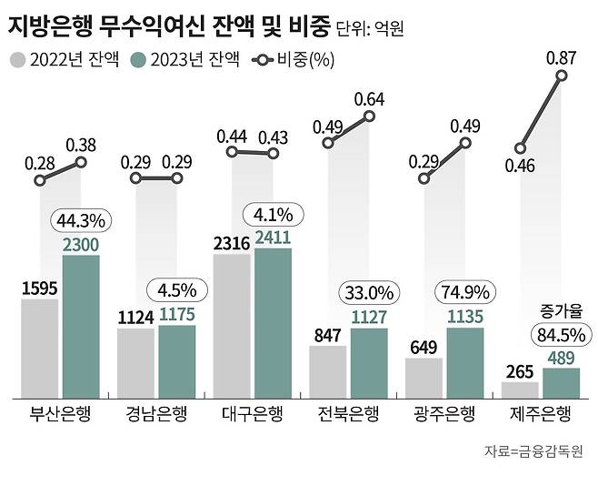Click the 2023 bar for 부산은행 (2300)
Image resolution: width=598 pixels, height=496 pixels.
81,326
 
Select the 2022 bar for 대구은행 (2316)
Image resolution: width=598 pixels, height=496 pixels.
232,326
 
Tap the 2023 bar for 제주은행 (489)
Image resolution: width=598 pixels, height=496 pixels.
560,382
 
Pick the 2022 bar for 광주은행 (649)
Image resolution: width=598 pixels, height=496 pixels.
424,378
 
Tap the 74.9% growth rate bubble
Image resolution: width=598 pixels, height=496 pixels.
464,292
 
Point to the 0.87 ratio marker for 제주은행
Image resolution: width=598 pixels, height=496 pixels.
562,76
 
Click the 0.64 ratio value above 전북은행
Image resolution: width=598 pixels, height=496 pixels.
371,98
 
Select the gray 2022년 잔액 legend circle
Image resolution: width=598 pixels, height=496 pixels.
17,61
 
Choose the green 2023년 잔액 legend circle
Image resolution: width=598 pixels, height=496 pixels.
140,61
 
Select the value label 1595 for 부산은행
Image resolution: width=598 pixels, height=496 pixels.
40,288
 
